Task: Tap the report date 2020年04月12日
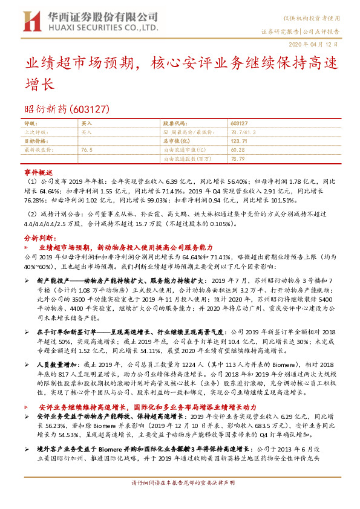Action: click(x=321, y=45)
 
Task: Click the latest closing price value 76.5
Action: click(x=87, y=149)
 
